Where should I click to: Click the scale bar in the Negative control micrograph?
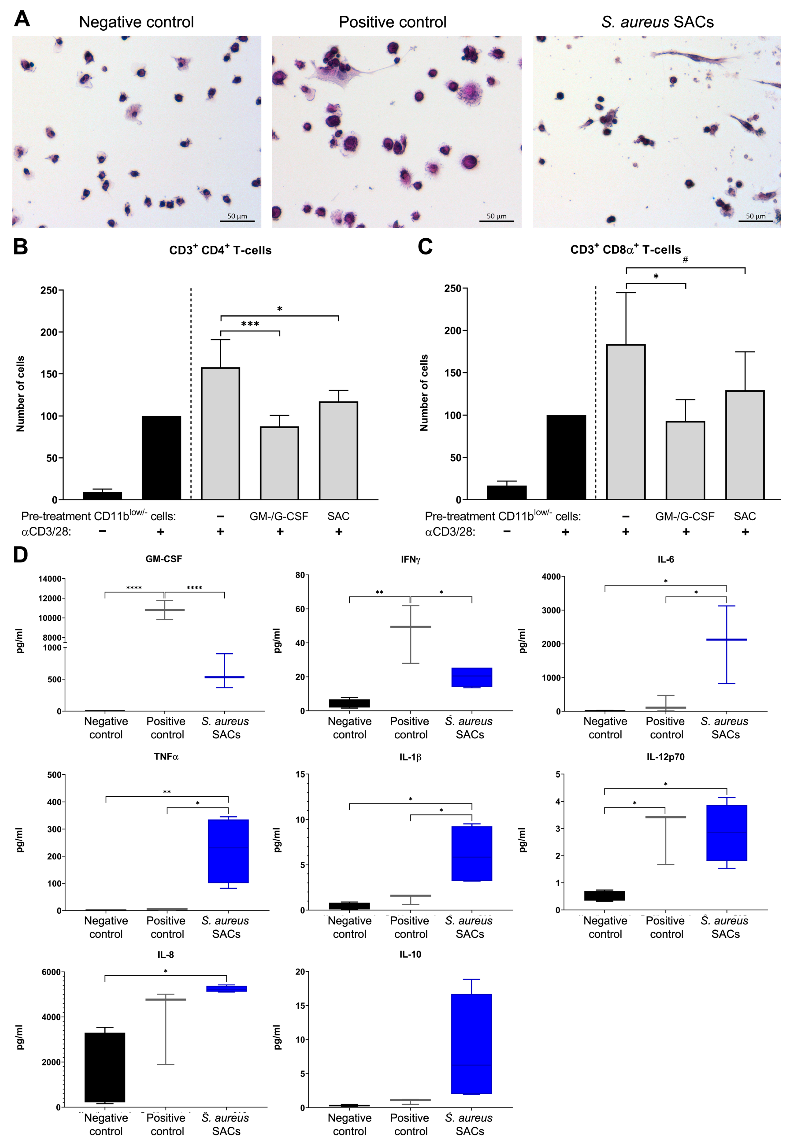click(x=237, y=221)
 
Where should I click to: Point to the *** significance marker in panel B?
click(x=250, y=324)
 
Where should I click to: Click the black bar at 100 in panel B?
click(x=161, y=458)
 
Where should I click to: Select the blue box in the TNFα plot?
click(x=228, y=851)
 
